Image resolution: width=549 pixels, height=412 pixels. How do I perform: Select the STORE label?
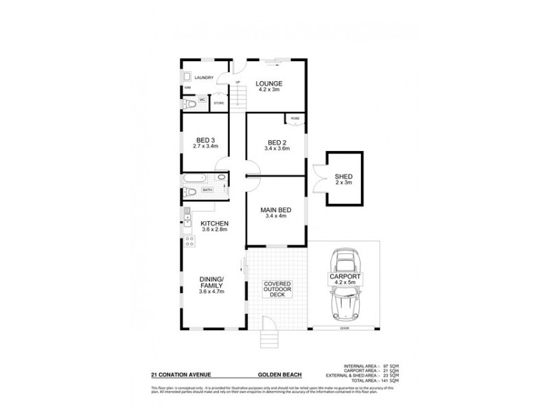pos(219,103)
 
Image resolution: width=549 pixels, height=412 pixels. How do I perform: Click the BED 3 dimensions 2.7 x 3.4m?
pos(206,146)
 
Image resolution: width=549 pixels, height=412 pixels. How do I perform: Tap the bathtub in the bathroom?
pos(191,190)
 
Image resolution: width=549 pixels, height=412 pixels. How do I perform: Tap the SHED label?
pos(343,176)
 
